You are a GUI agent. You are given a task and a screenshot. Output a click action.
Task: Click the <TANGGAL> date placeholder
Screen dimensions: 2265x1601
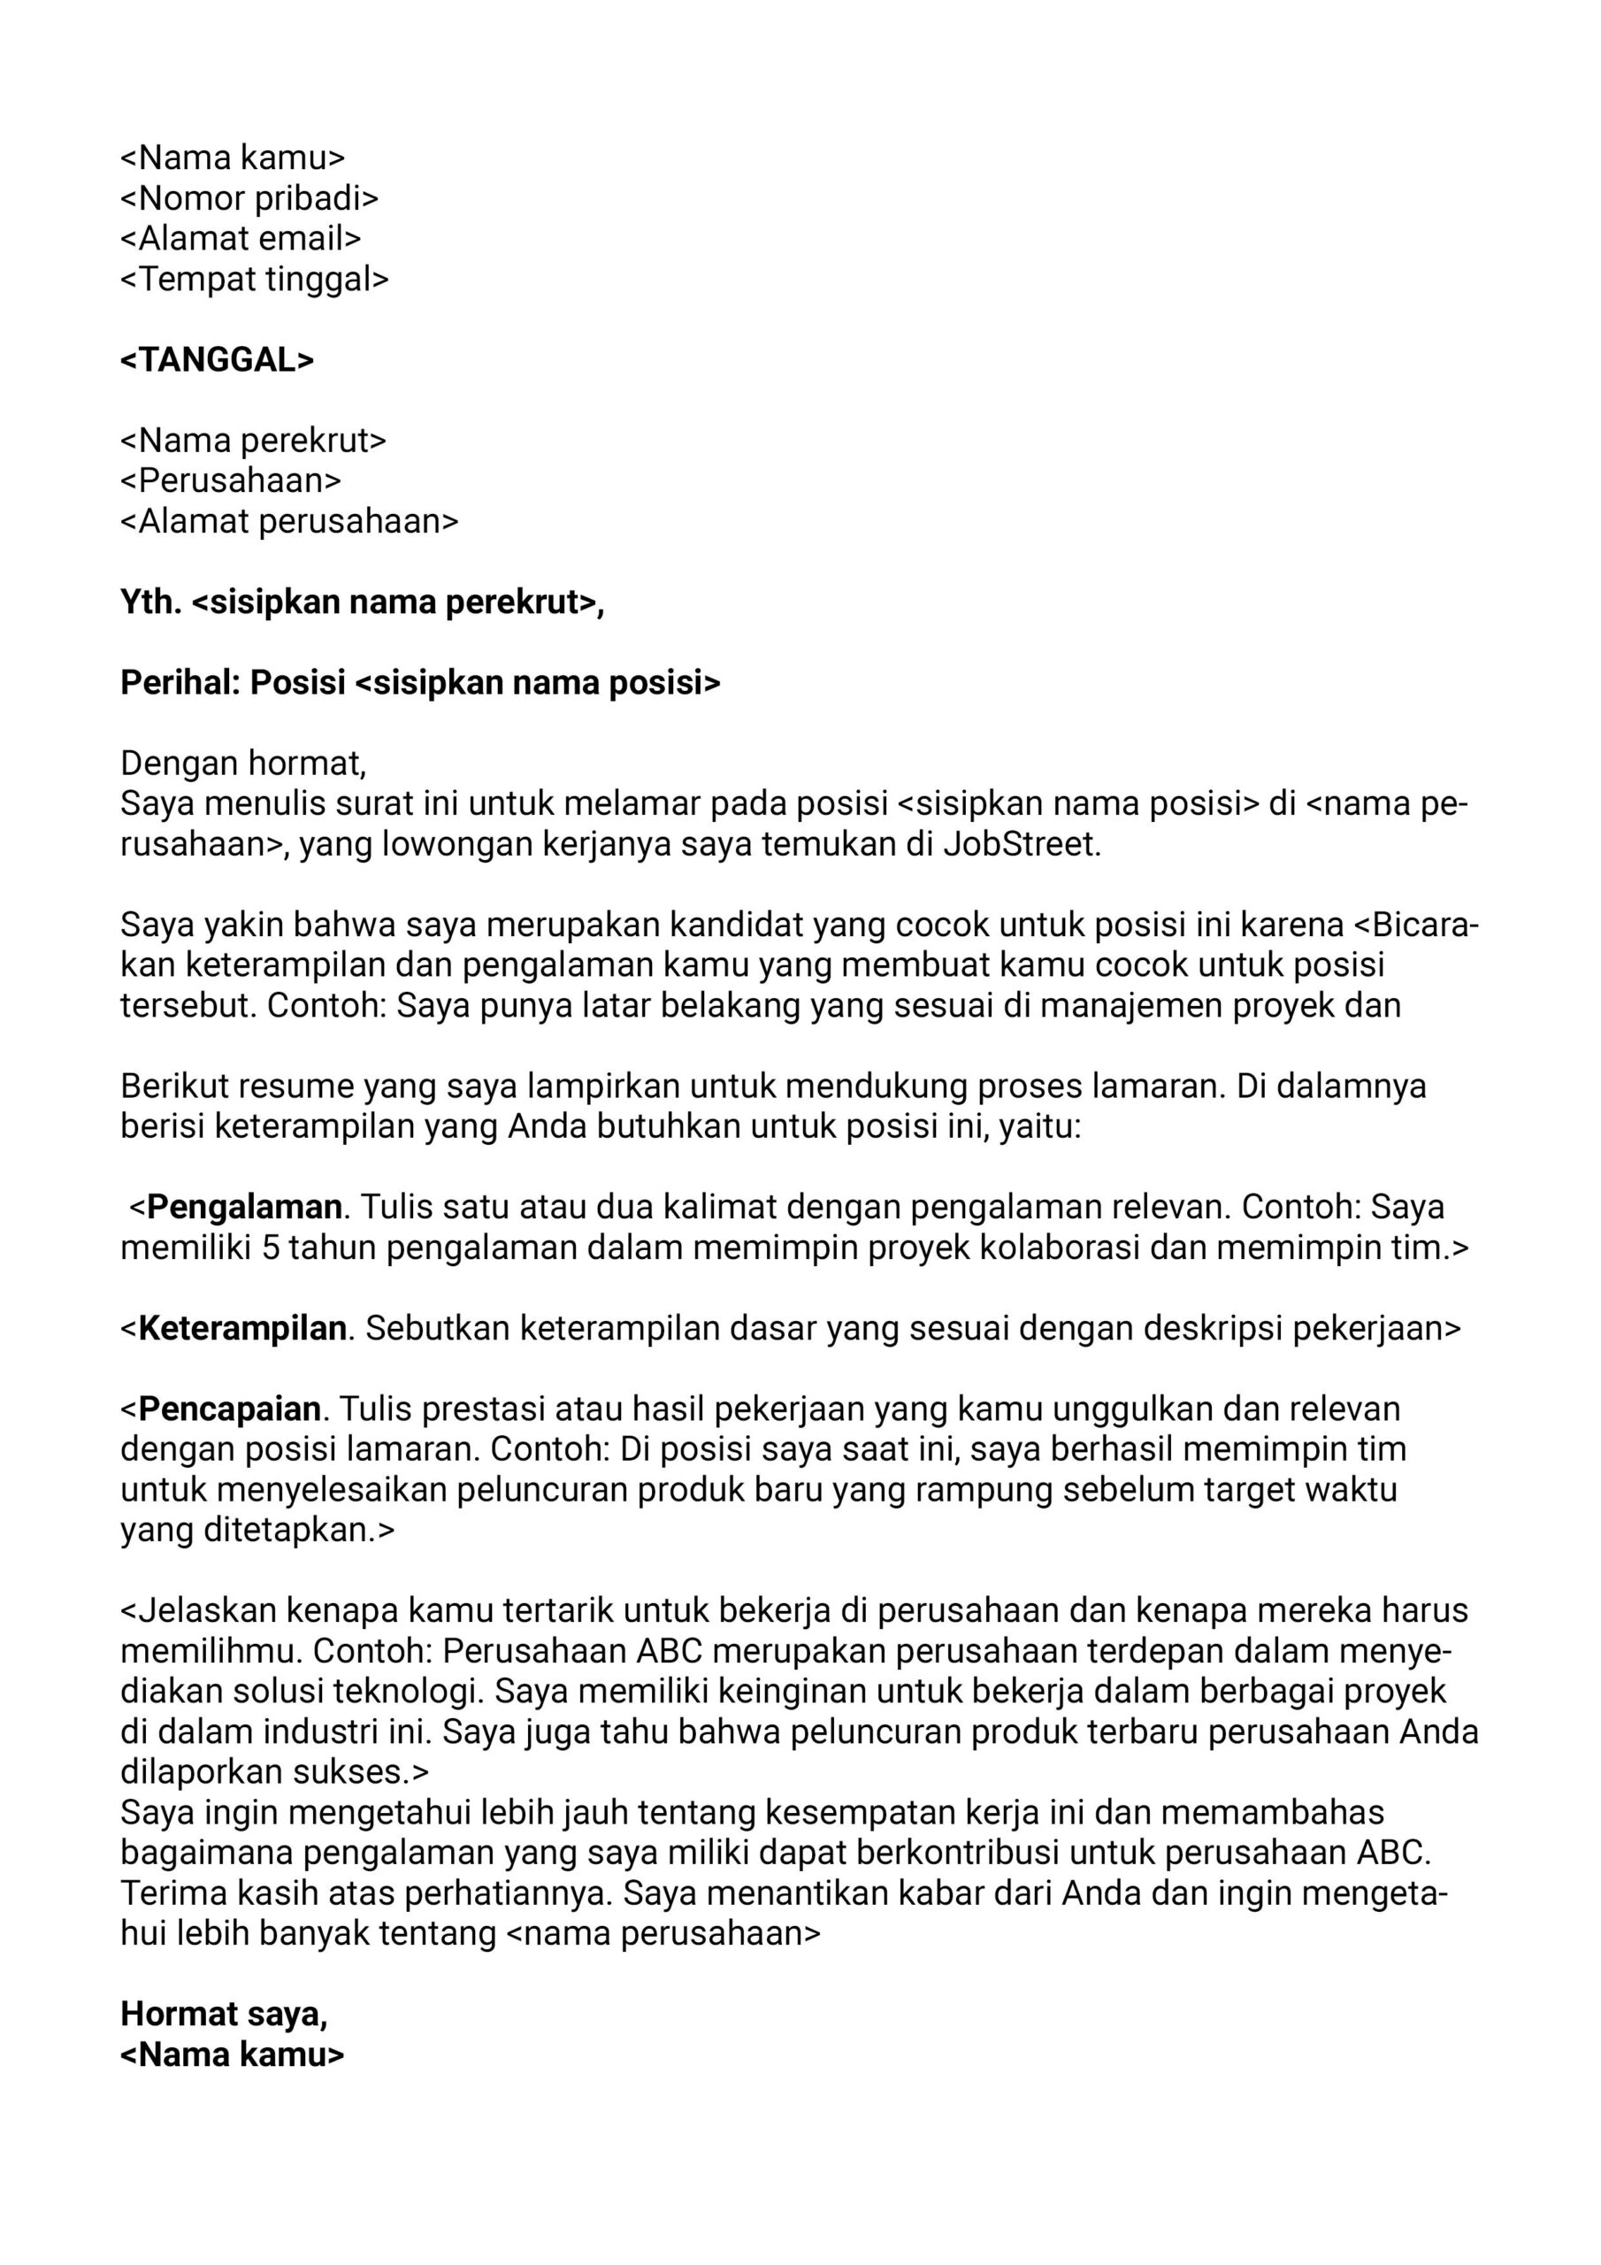coord(217,360)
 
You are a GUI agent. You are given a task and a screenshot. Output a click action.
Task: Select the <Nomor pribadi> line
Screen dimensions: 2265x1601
coord(249,198)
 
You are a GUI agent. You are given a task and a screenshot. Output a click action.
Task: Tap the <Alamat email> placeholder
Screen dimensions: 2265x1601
coord(241,239)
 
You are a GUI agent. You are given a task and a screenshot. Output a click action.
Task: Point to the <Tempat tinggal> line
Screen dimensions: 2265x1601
coord(255,280)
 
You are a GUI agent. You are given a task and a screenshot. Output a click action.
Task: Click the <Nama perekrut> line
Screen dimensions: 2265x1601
coord(254,440)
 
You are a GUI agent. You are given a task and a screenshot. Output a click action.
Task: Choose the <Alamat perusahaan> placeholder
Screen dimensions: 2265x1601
coord(289,521)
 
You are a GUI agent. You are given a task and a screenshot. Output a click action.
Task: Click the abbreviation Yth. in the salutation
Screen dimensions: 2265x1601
coord(151,601)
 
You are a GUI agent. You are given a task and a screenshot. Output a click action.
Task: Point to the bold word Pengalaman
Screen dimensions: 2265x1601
coord(243,1207)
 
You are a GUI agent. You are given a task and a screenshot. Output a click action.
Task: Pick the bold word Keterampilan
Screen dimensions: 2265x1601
coord(241,1328)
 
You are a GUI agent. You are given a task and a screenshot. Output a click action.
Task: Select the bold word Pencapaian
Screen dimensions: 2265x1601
coord(229,1409)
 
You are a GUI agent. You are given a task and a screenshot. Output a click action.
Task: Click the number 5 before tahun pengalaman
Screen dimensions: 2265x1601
coord(272,1248)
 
